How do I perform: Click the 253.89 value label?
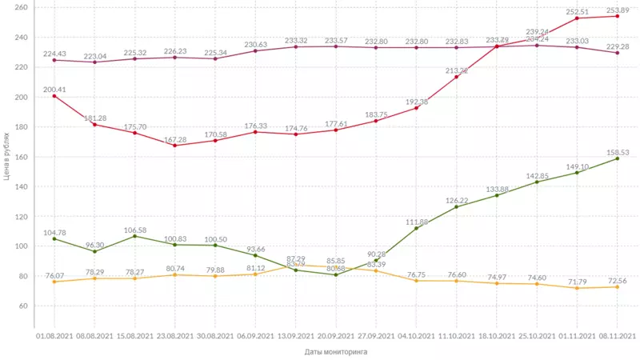618,10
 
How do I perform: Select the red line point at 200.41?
54,96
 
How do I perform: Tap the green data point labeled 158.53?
618,158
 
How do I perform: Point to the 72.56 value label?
618,278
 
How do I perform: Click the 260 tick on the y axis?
22,8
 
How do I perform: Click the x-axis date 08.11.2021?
618,336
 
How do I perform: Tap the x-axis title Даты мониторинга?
335,350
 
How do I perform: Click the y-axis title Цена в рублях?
7,157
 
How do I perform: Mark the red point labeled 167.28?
174,145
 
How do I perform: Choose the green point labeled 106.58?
134,236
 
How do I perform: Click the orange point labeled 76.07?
54,282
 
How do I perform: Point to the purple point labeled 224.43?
54,60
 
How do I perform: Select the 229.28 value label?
618,46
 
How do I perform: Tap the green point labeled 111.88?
416,228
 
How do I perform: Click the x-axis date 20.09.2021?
336,336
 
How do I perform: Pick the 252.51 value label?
577,12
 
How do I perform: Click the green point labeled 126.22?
457,207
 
